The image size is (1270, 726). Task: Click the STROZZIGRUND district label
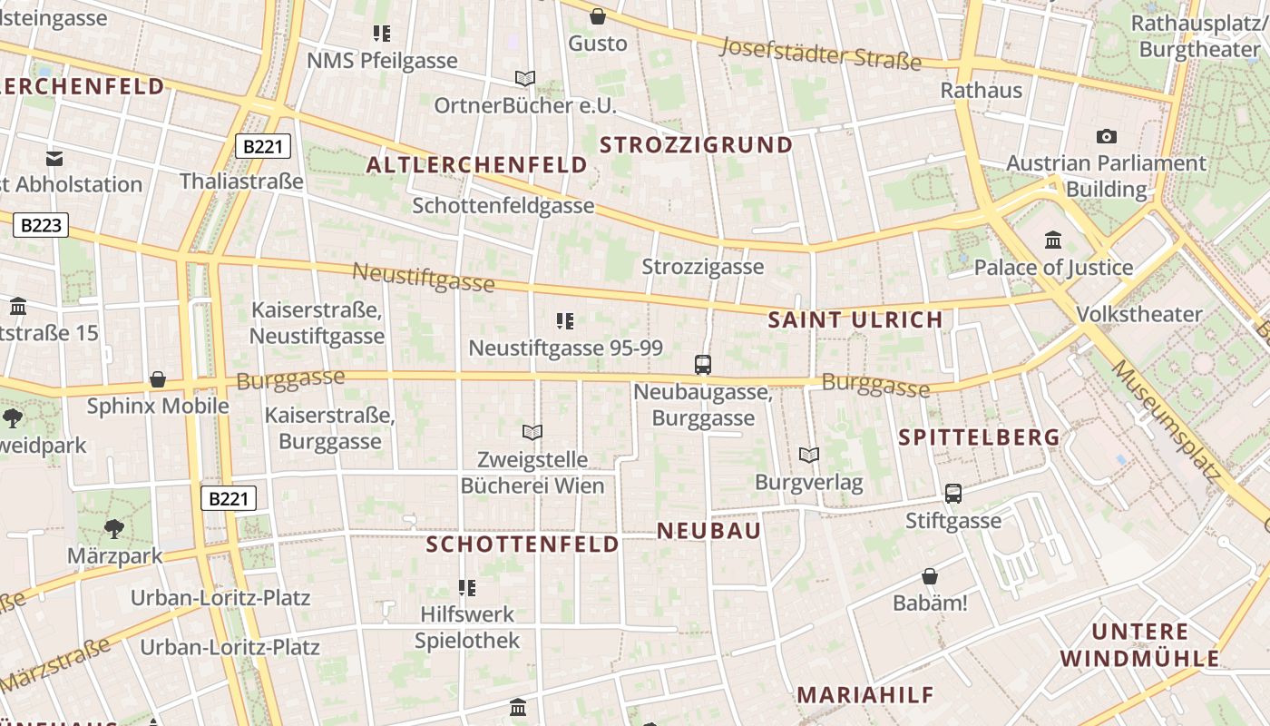pyautogui.click(x=696, y=145)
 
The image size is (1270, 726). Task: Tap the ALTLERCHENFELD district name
pyautogui.click(x=477, y=165)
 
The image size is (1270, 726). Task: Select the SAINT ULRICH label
pyautogui.click(x=855, y=319)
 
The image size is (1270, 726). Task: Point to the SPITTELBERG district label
pyautogui.click(x=979, y=437)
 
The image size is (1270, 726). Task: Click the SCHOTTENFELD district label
pyautogui.click(x=523, y=544)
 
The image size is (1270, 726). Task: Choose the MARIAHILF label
pyautogui.click(x=865, y=695)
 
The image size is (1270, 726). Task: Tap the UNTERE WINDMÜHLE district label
pyautogui.click(x=1140, y=645)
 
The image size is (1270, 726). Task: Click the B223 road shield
pyautogui.click(x=41, y=225)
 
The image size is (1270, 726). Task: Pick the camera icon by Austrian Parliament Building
pyautogui.click(x=1107, y=136)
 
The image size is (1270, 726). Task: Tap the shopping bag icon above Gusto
pyautogui.click(x=598, y=16)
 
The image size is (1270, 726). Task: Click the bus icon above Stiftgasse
pyautogui.click(x=953, y=494)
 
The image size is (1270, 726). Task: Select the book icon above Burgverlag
pyautogui.click(x=808, y=455)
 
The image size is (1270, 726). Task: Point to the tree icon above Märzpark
pyautogui.click(x=114, y=528)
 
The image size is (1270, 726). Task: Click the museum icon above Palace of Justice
pyautogui.click(x=1053, y=240)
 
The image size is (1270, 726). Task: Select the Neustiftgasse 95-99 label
pyautogui.click(x=565, y=348)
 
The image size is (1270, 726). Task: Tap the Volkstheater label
pyautogui.click(x=1138, y=315)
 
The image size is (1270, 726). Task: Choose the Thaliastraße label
pyautogui.click(x=241, y=181)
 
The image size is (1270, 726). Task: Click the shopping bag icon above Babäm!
pyautogui.click(x=930, y=576)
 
